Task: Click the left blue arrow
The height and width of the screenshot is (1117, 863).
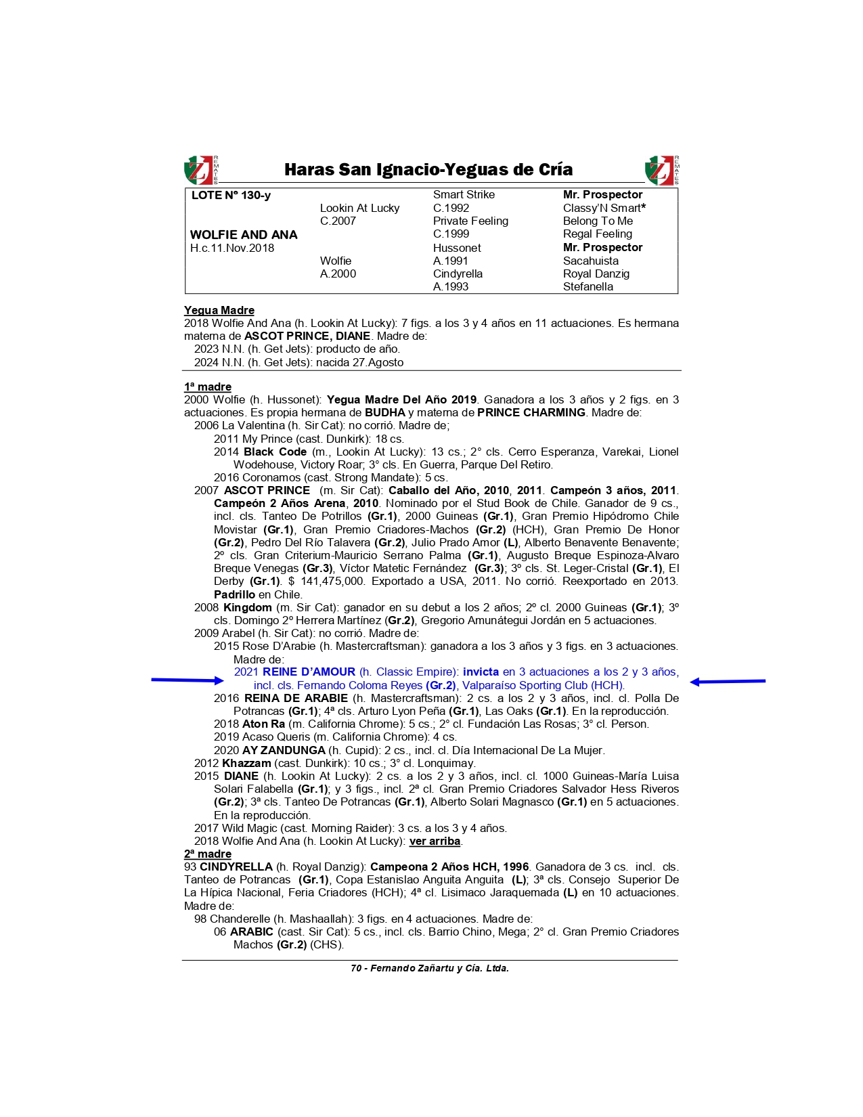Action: click(x=187, y=680)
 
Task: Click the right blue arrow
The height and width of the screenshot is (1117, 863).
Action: click(x=728, y=682)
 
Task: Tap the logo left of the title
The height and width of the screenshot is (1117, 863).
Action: click(x=201, y=170)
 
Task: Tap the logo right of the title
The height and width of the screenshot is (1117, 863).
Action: click(x=661, y=170)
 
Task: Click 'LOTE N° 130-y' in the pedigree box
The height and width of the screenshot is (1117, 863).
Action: click(x=231, y=196)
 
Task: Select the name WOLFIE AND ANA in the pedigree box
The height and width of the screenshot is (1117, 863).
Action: click(x=244, y=235)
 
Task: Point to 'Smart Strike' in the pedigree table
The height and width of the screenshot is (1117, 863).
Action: click(x=464, y=195)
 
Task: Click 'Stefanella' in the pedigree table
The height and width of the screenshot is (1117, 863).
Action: click(x=588, y=286)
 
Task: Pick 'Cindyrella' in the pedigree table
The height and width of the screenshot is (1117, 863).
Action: click(x=458, y=273)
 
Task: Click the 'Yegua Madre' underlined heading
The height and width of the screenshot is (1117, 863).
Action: click(x=219, y=311)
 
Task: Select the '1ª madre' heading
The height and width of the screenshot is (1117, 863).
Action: click(x=208, y=387)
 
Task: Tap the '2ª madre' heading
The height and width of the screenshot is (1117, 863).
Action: click(x=208, y=854)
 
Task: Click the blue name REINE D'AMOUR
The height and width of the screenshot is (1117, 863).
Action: click(x=309, y=672)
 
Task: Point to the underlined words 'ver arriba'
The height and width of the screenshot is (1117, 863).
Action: click(x=435, y=841)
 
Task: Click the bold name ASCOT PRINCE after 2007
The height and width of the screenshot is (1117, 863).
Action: click(x=267, y=491)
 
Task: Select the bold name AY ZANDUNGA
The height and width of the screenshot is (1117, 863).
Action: click(x=284, y=750)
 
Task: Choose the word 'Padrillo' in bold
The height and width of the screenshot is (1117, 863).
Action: click(x=234, y=595)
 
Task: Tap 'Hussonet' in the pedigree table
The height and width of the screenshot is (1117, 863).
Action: click(x=457, y=248)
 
